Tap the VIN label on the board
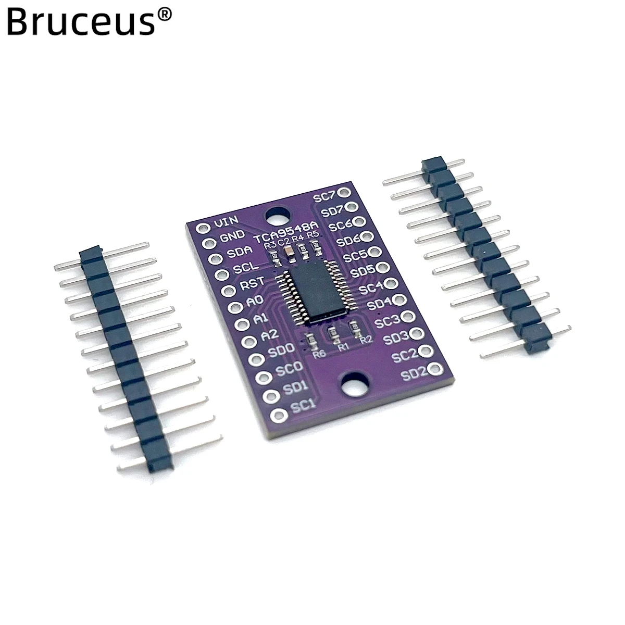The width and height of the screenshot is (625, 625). point(225,223)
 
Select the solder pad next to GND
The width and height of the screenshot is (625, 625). point(207,243)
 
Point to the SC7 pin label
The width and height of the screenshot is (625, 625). point(325,196)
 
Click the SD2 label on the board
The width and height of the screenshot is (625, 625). point(415,373)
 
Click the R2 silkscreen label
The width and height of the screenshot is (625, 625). point(365,340)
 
